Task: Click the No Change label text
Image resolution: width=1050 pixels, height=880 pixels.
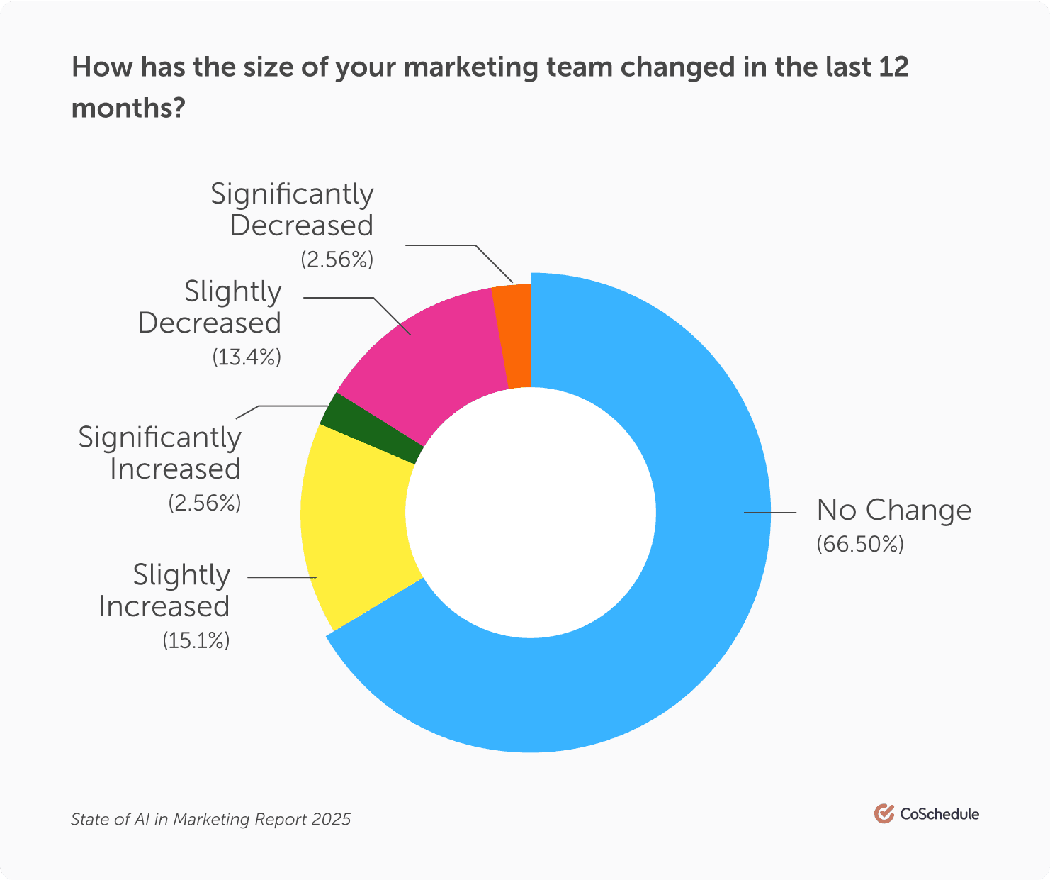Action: coord(893,510)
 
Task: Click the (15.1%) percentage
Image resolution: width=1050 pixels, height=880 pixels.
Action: coord(196,640)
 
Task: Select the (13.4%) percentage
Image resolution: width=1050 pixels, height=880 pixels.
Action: coord(247,357)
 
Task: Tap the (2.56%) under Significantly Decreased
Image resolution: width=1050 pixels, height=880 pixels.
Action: coord(337,260)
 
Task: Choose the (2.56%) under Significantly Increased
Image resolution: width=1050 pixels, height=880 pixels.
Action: coord(205,503)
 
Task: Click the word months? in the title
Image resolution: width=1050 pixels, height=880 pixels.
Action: coord(128,108)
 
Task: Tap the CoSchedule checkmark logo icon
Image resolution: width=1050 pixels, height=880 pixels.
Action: coord(884,813)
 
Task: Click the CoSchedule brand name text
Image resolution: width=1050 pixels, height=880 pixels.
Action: coord(939,814)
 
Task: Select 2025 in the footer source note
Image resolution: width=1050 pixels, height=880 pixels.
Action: coord(330,820)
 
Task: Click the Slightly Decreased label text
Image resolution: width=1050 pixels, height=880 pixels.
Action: coord(210,307)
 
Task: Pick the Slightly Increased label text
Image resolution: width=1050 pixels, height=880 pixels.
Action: coord(165,591)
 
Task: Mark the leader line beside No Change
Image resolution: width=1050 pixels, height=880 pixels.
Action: coord(767,511)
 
